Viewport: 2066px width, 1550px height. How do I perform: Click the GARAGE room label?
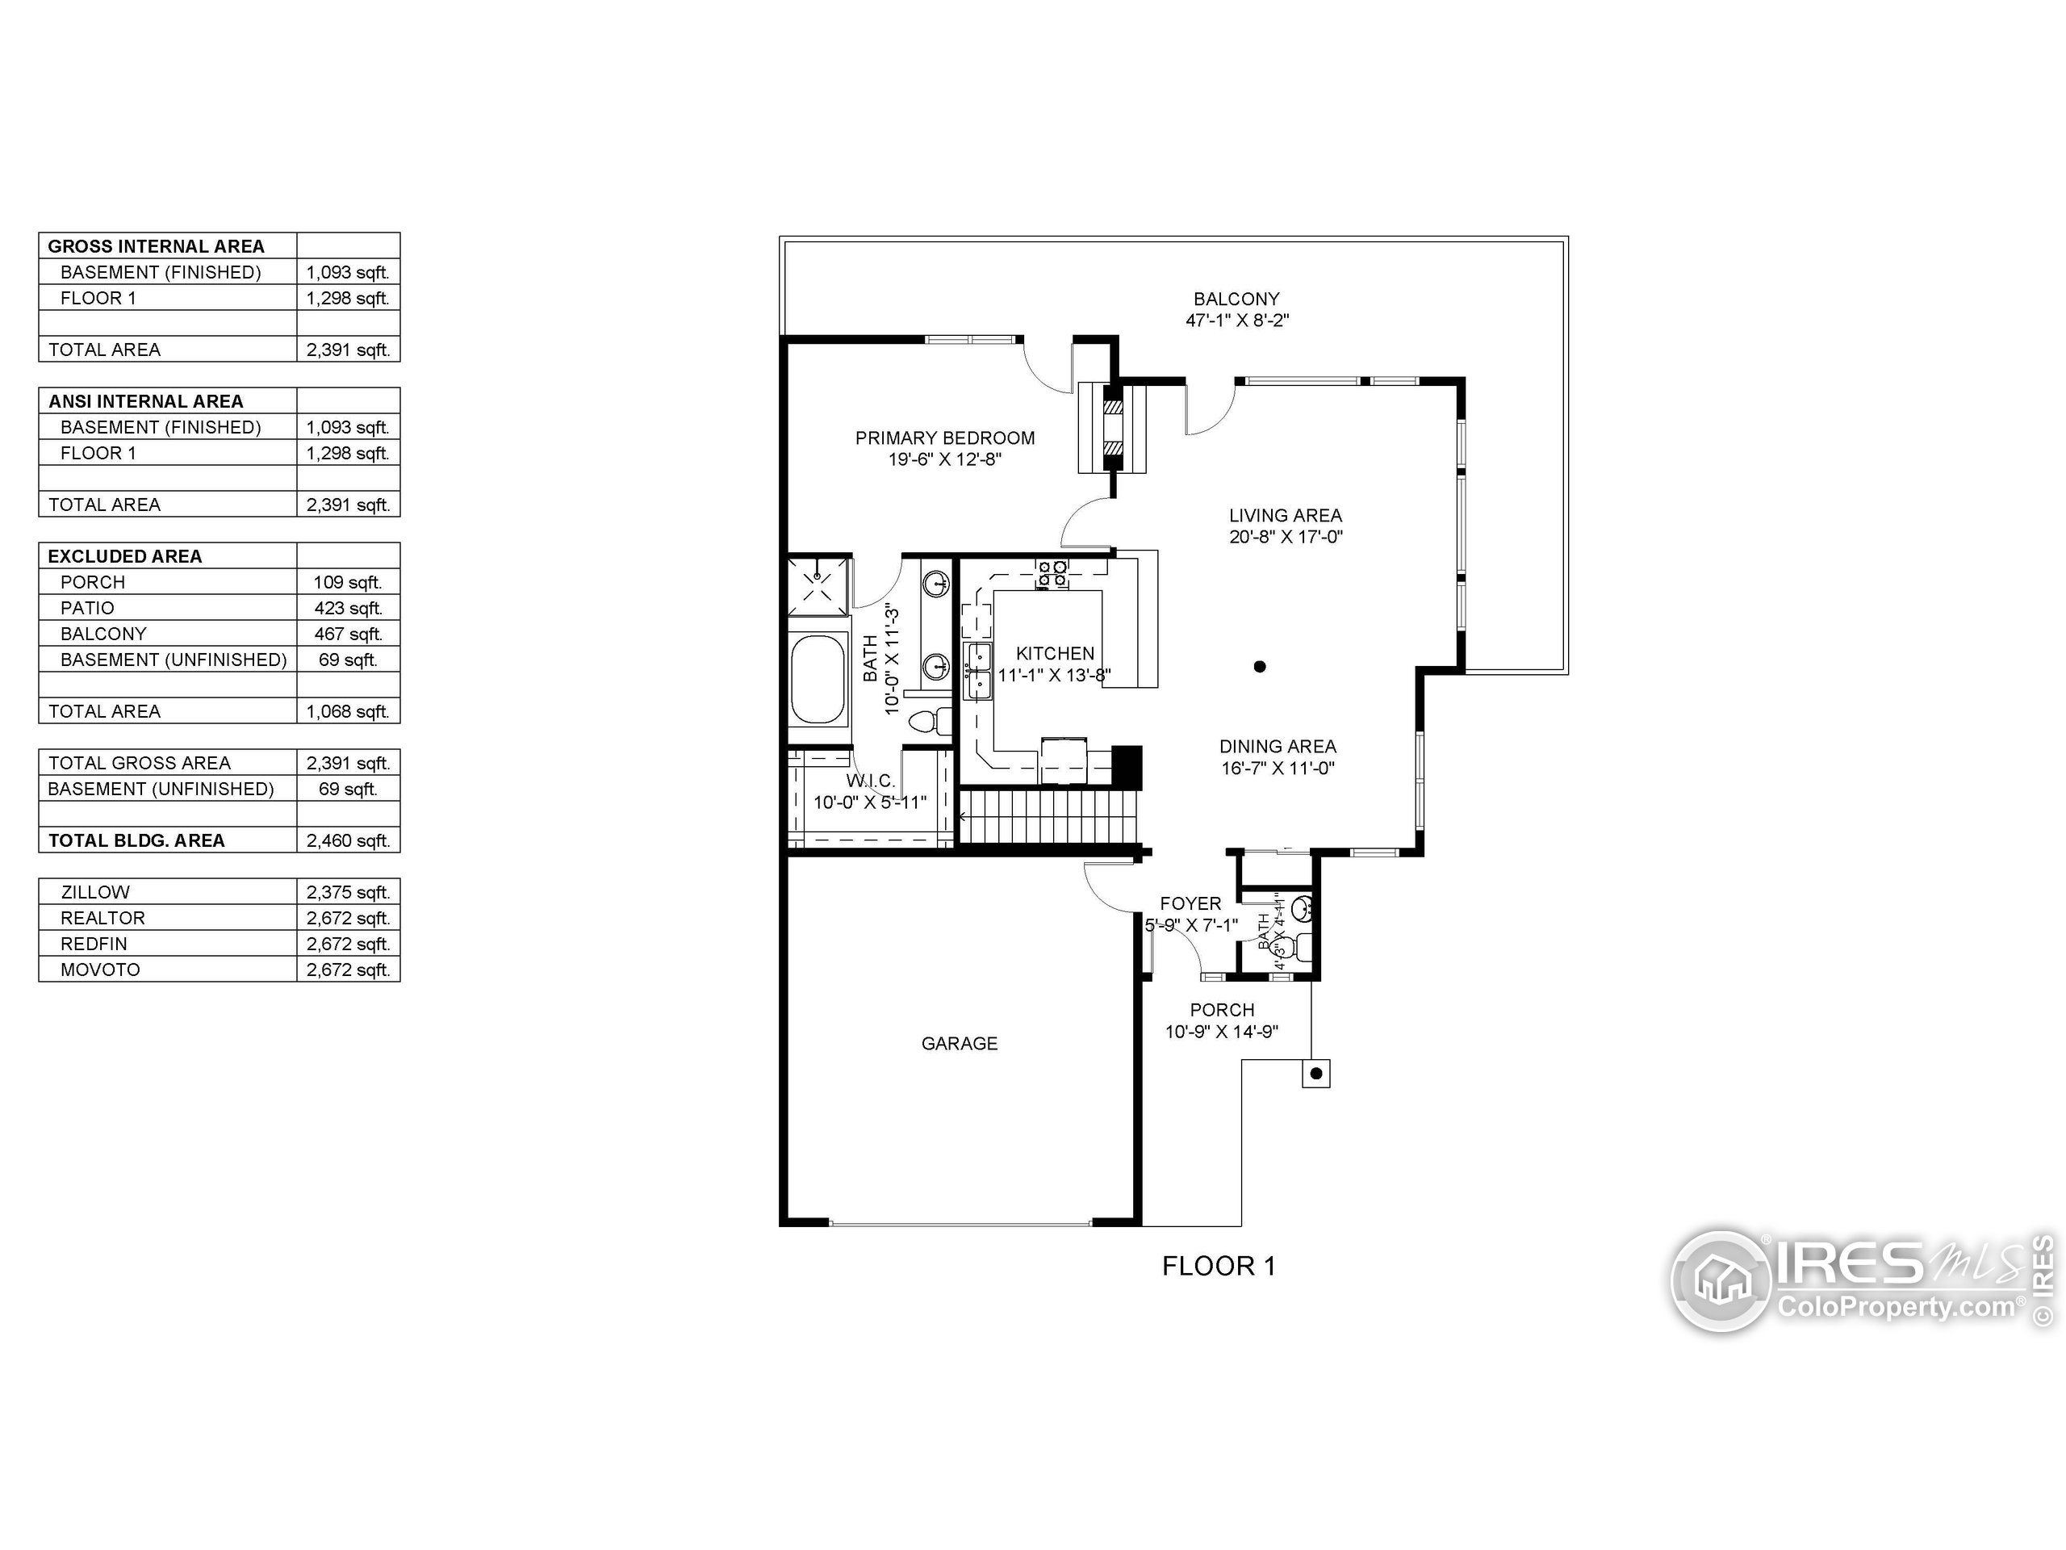[x=960, y=1044]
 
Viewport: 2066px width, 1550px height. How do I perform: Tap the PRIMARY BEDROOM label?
[x=944, y=438]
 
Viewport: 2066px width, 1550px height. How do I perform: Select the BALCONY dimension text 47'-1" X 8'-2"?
[x=1236, y=320]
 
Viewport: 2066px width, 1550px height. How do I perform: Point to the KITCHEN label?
[x=1055, y=654]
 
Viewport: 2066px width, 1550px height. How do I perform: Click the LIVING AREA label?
[x=1285, y=516]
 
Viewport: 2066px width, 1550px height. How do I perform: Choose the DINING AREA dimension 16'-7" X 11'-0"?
[x=1278, y=769]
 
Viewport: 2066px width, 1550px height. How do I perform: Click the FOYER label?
[x=1190, y=903]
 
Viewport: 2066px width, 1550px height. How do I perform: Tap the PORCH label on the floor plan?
[x=1222, y=1010]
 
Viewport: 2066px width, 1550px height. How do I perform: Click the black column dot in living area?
[x=1260, y=666]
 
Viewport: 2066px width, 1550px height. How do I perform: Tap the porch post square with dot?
[x=1316, y=1074]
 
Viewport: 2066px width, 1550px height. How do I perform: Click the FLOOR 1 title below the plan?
[x=1218, y=1267]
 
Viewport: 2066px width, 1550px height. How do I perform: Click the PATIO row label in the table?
[x=87, y=608]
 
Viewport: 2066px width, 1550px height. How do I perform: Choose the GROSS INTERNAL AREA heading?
[x=156, y=247]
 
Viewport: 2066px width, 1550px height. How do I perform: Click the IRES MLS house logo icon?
[x=1721, y=1281]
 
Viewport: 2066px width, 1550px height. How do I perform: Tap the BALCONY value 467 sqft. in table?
[x=348, y=635]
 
